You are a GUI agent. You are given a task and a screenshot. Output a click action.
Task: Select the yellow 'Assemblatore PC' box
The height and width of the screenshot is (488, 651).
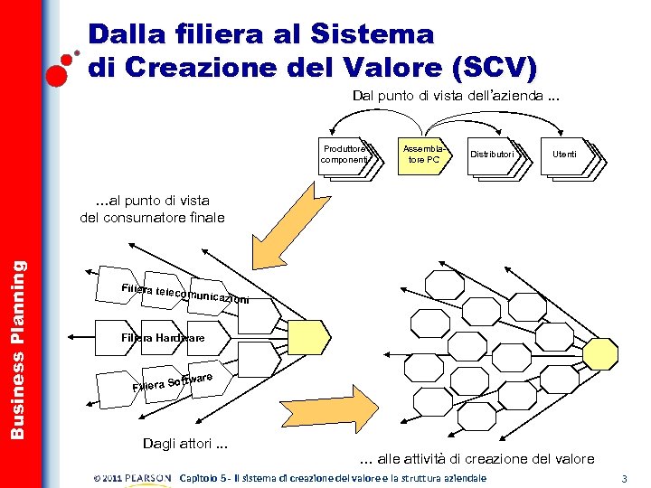tap(423, 155)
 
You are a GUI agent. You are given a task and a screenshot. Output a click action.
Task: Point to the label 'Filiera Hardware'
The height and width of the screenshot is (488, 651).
tap(163, 338)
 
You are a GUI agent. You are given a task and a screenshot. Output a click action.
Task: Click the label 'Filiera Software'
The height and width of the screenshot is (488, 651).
tap(172, 381)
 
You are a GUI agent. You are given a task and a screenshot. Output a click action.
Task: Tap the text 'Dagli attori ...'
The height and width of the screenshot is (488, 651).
tap(184, 443)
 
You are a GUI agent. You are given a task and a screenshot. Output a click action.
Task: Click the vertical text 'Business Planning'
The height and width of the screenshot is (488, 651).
tap(17, 349)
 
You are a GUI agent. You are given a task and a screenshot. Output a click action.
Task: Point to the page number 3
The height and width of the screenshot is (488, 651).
tap(625, 477)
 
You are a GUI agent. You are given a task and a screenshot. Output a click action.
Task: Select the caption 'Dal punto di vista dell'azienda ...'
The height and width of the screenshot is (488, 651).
tap(456, 97)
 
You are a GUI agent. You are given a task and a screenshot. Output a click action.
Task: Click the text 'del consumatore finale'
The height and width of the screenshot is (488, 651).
tap(152, 217)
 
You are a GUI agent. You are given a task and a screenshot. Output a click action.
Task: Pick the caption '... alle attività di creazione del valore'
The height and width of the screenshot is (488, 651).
tap(477, 458)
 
